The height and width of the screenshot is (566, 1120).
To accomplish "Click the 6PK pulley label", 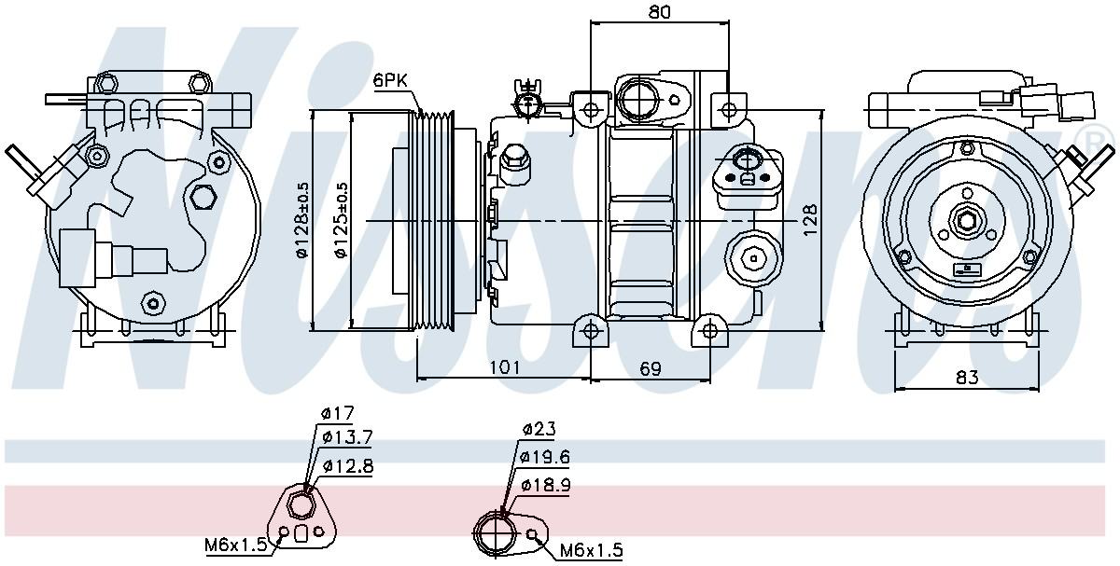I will coord(390,81).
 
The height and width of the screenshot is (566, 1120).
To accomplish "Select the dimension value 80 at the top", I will coord(659,13).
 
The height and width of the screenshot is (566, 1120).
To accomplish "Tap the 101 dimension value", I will coord(504,367).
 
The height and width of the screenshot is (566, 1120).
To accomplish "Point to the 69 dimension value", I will coord(651,368).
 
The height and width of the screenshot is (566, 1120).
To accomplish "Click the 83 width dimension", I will coord(967,377).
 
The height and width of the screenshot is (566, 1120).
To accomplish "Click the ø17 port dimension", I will coord(337,413).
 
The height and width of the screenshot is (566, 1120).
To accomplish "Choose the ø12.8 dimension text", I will coord(347,466).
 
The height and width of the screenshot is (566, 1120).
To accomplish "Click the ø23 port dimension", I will coord(539,430).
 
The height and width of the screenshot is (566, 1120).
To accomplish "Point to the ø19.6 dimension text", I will coord(545,457).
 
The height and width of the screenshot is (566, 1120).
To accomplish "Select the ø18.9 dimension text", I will coord(545,485).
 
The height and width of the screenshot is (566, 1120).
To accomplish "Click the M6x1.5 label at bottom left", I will coord(236,544).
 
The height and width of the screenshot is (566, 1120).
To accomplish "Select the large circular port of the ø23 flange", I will coord(496,535).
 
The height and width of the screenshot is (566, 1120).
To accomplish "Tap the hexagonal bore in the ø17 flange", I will coord(301,506).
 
